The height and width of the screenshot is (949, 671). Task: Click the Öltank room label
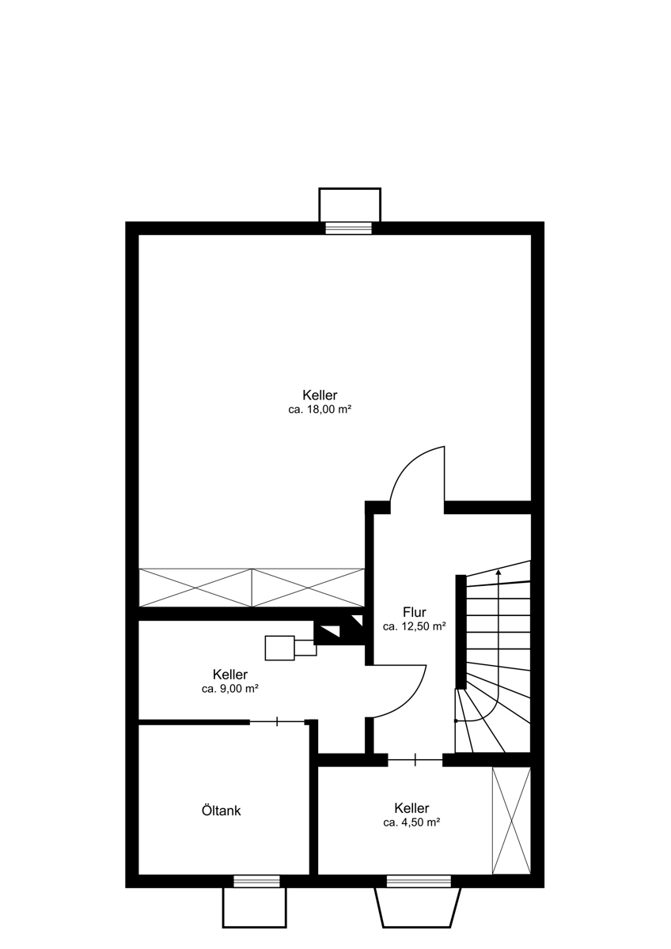pyautogui.click(x=221, y=811)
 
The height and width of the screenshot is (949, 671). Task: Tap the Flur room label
pyautogui.click(x=414, y=612)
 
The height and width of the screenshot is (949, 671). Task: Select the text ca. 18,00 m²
pyautogui.click(x=320, y=410)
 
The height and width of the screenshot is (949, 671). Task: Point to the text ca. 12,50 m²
pyautogui.click(x=414, y=626)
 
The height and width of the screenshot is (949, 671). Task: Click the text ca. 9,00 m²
pyautogui.click(x=230, y=689)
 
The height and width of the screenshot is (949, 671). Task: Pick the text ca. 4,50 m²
pyautogui.click(x=411, y=822)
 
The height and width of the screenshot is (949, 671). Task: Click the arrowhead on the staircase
pyautogui.click(x=499, y=573)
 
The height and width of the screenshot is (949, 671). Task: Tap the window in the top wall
pyautogui.click(x=348, y=228)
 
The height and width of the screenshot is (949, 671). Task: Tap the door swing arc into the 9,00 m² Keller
pyautogui.click(x=415, y=698)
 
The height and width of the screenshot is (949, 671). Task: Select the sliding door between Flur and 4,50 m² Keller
pyautogui.click(x=415, y=760)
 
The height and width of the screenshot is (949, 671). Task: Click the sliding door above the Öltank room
pyautogui.click(x=277, y=721)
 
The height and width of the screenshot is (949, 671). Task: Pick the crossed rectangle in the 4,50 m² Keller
pyautogui.click(x=511, y=821)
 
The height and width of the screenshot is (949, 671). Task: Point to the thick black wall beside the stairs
pyautogui.click(x=461, y=632)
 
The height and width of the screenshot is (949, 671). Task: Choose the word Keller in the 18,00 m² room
pyautogui.click(x=320, y=395)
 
